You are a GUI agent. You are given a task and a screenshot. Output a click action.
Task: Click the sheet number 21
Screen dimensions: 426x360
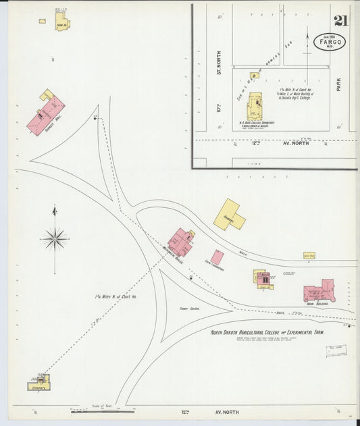pos(340,20)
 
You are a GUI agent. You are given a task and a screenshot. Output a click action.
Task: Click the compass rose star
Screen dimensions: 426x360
pos(55,238)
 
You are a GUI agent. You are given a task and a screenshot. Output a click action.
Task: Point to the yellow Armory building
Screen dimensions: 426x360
pos(228,215)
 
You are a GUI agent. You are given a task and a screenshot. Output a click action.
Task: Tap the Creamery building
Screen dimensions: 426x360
pos(39,382)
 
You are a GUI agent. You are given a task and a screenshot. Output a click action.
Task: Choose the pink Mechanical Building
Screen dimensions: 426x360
pos(180,242)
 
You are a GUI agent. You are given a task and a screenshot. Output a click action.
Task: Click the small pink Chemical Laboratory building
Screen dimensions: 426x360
pos(217,257)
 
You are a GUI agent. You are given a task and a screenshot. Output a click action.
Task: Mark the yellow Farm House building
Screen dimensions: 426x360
pos(62,23)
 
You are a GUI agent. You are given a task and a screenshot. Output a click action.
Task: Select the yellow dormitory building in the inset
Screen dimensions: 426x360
pos(255,107)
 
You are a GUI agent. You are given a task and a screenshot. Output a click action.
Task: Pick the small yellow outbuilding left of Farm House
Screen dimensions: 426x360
pos(43,21)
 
